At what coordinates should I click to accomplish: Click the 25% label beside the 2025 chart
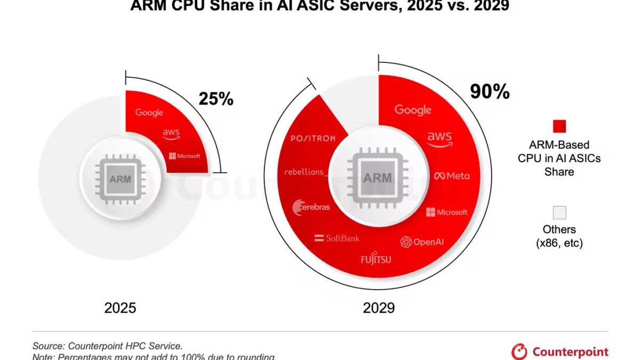coord(215,99)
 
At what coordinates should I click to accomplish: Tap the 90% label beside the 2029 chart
coord(490,92)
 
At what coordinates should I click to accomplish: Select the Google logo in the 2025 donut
coord(149,113)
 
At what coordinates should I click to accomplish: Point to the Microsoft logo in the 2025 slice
coord(185,156)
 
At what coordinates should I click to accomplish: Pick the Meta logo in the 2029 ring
coord(452,176)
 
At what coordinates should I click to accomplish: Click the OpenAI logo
coord(422,242)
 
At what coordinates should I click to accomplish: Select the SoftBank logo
coord(337,238)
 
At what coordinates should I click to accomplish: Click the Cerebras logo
coord(311,207)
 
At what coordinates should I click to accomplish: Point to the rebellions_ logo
coord(305,172)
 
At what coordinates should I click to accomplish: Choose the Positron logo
coord(313,138)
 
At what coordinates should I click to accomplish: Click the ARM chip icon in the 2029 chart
coord(377,177)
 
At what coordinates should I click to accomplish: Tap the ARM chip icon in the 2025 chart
coord(120,179)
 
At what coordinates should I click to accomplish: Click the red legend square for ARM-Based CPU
coord(559,126)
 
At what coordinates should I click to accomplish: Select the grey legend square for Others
coord(559,213)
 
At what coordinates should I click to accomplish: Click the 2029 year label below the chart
coord(379,308)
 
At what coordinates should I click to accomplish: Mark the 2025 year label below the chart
coord(120,308)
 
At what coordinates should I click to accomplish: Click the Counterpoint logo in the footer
coord(560,352)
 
